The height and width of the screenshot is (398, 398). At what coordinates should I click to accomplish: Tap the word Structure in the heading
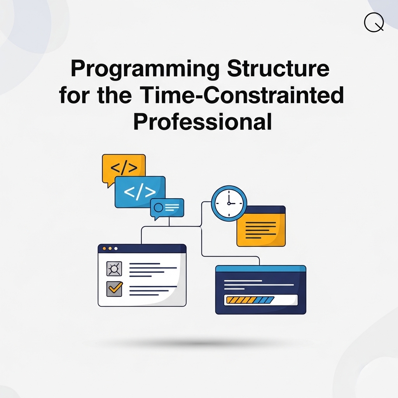278,68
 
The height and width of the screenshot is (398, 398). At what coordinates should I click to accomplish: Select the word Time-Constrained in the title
241,95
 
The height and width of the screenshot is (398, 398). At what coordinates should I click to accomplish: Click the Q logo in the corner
374,22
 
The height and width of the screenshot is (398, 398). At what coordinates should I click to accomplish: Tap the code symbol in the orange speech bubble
124,167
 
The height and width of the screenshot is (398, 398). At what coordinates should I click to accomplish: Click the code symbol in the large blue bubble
140,192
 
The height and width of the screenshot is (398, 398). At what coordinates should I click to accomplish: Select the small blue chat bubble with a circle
167,208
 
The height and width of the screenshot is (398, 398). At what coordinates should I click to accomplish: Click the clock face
229,203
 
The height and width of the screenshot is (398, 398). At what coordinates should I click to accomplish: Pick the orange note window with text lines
261,226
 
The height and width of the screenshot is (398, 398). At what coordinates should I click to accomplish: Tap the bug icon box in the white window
114,269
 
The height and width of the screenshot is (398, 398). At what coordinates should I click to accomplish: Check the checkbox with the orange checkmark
114,289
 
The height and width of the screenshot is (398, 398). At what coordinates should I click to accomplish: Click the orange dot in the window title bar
104,248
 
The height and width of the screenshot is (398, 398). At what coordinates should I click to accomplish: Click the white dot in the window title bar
116,248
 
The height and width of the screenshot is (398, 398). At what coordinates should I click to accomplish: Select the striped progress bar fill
250,300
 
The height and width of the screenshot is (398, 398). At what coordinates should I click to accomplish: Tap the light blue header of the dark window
261,269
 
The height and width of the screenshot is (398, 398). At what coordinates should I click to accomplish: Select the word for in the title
74,95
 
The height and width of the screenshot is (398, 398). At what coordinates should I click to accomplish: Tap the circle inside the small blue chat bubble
159,208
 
